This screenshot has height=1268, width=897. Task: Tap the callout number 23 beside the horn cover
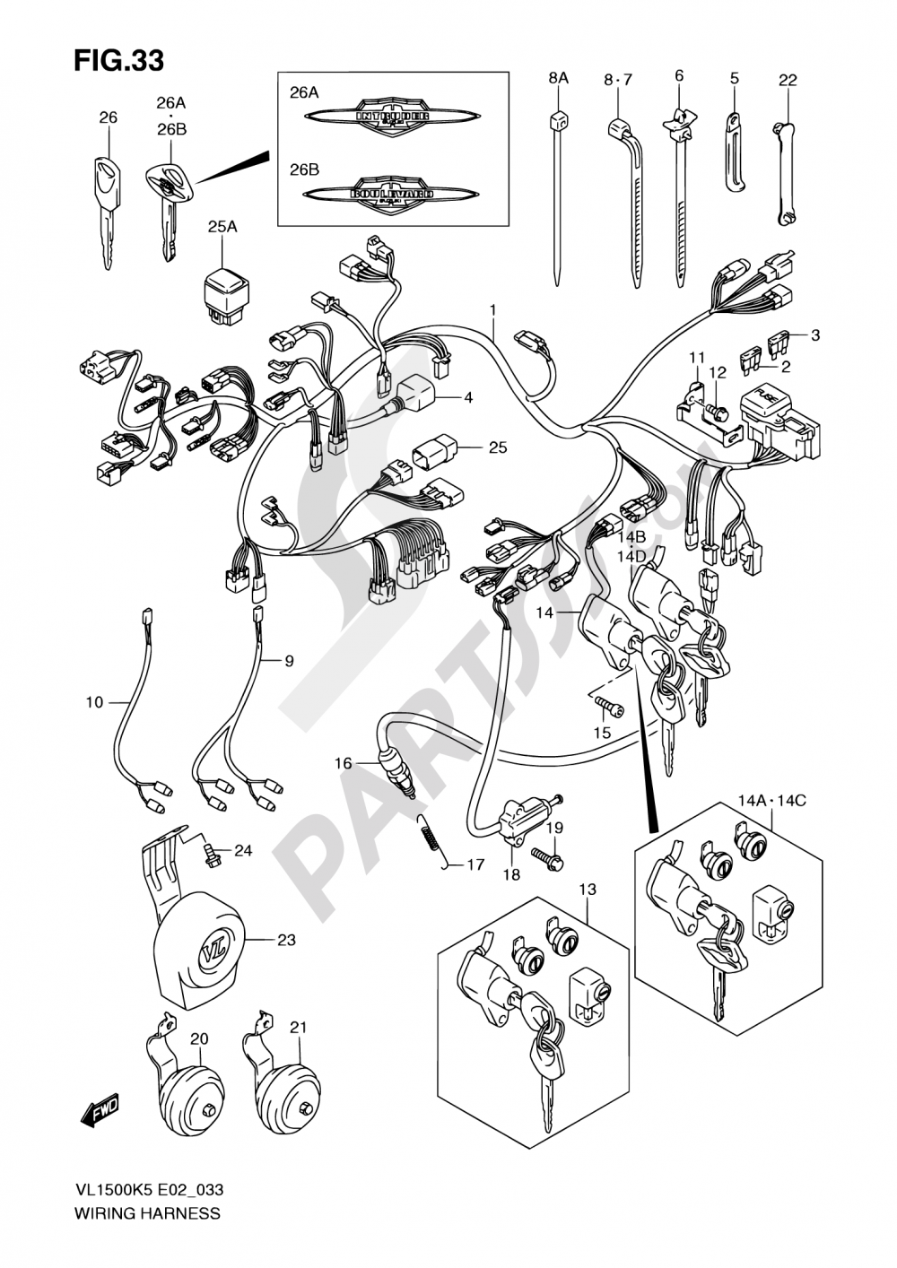285,941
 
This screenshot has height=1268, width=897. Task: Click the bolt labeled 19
548,856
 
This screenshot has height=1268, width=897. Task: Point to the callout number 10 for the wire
95,702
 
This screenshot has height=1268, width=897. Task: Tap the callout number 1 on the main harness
492,310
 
